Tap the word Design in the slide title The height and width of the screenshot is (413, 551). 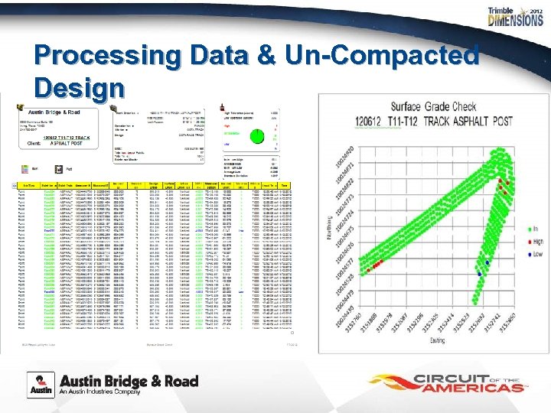pyautogui.click(x=79, y=86)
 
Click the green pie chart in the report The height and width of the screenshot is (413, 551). pyautogui.click(x=259, y=135)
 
